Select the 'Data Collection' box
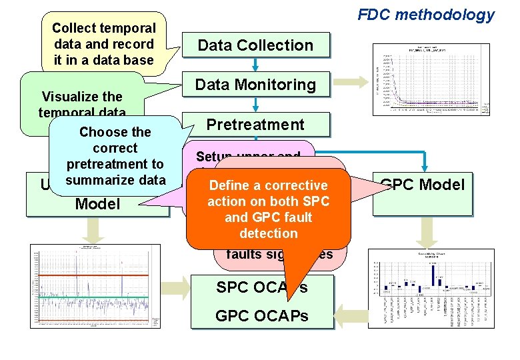coord(255,45)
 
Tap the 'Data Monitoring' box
coord(255,85)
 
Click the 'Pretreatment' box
coord(255,125)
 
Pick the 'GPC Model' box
coord(421,185)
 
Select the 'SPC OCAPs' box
coord(262,288)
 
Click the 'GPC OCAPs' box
coord(262,315)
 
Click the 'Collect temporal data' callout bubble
coord(103,44)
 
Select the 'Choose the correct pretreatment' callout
coord(115,155)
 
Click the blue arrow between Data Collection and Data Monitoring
coord(255,64)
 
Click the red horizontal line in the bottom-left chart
coord(93,274)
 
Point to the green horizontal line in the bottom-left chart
coord(93,298)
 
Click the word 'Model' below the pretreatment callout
coord(97,204)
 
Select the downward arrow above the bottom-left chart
coord(95,229)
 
